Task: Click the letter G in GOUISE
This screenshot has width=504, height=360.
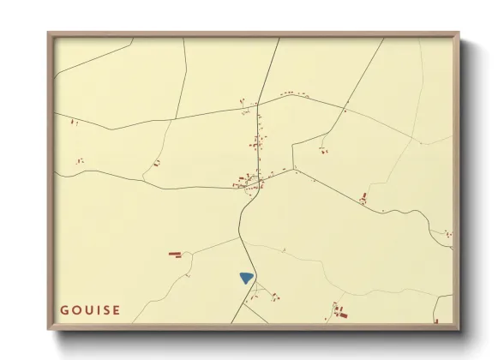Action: (64, 310)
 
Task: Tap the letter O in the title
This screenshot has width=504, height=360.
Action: (76, 310)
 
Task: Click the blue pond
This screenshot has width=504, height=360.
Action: (247, 278)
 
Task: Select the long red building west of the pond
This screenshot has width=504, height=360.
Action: (175, 254)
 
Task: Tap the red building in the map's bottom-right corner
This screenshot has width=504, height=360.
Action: (437, 321)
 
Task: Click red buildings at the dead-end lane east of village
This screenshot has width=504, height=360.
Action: (323, 151)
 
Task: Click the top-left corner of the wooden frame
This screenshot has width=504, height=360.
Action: (49, 34)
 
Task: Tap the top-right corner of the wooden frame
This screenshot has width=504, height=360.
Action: (458, 34)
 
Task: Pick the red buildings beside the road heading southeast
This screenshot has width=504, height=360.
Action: (363, 200)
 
